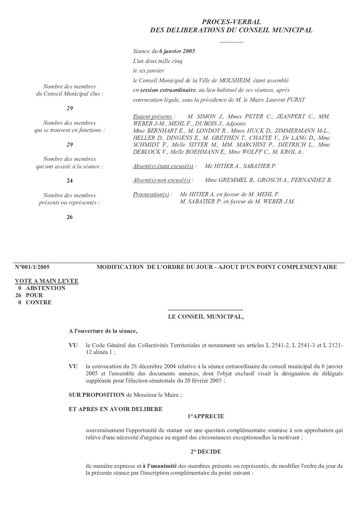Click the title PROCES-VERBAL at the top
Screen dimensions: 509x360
click(231, 22)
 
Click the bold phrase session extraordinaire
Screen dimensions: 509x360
click(168, 90)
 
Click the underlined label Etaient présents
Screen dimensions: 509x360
click(153, 117)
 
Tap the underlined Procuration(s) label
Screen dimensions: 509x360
click(151, 194)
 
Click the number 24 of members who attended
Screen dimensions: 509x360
click(69, 181)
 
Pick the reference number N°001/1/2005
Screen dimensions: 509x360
click(32, 267)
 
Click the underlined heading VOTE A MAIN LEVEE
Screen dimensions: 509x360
click(47, 281)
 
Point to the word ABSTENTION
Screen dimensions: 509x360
click(46, 288)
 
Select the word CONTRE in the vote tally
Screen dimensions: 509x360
click(39, 302)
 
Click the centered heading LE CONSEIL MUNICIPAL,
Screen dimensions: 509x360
click(206, 317)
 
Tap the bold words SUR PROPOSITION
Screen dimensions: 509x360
click(97, 395)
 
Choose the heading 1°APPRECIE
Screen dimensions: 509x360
click(206, 416)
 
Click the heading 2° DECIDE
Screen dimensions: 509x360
click(206, 452)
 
